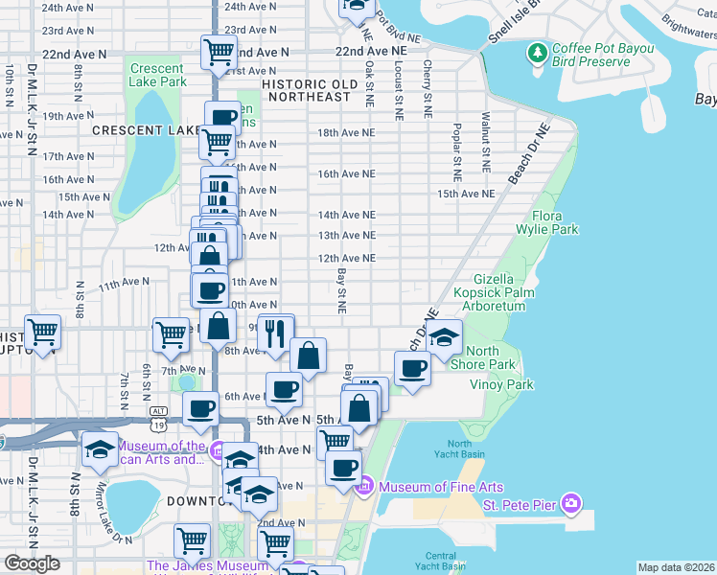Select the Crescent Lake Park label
(157, 76)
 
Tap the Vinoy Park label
(501, 384)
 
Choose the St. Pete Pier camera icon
(572, 503)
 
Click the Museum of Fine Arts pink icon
(363, 488)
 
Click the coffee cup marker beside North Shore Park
(413, 368)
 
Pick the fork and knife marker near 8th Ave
(275, 333)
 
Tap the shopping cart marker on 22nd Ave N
(220, 52)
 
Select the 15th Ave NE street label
(466, 194)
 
